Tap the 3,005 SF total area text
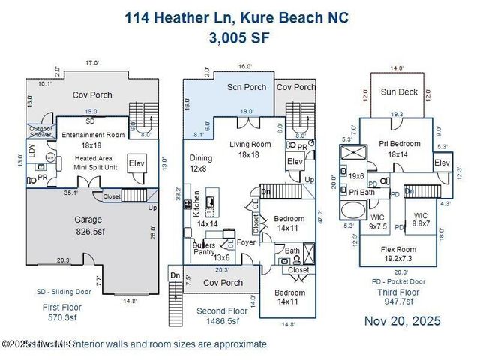click(240, 37)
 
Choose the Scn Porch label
click(247, 87)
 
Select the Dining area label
click(200, 158)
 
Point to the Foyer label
click(247, 242)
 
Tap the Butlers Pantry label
click(203, 249)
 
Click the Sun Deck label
click(398, 92)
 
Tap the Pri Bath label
click(362, 192)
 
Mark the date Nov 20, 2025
click(403, 320)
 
